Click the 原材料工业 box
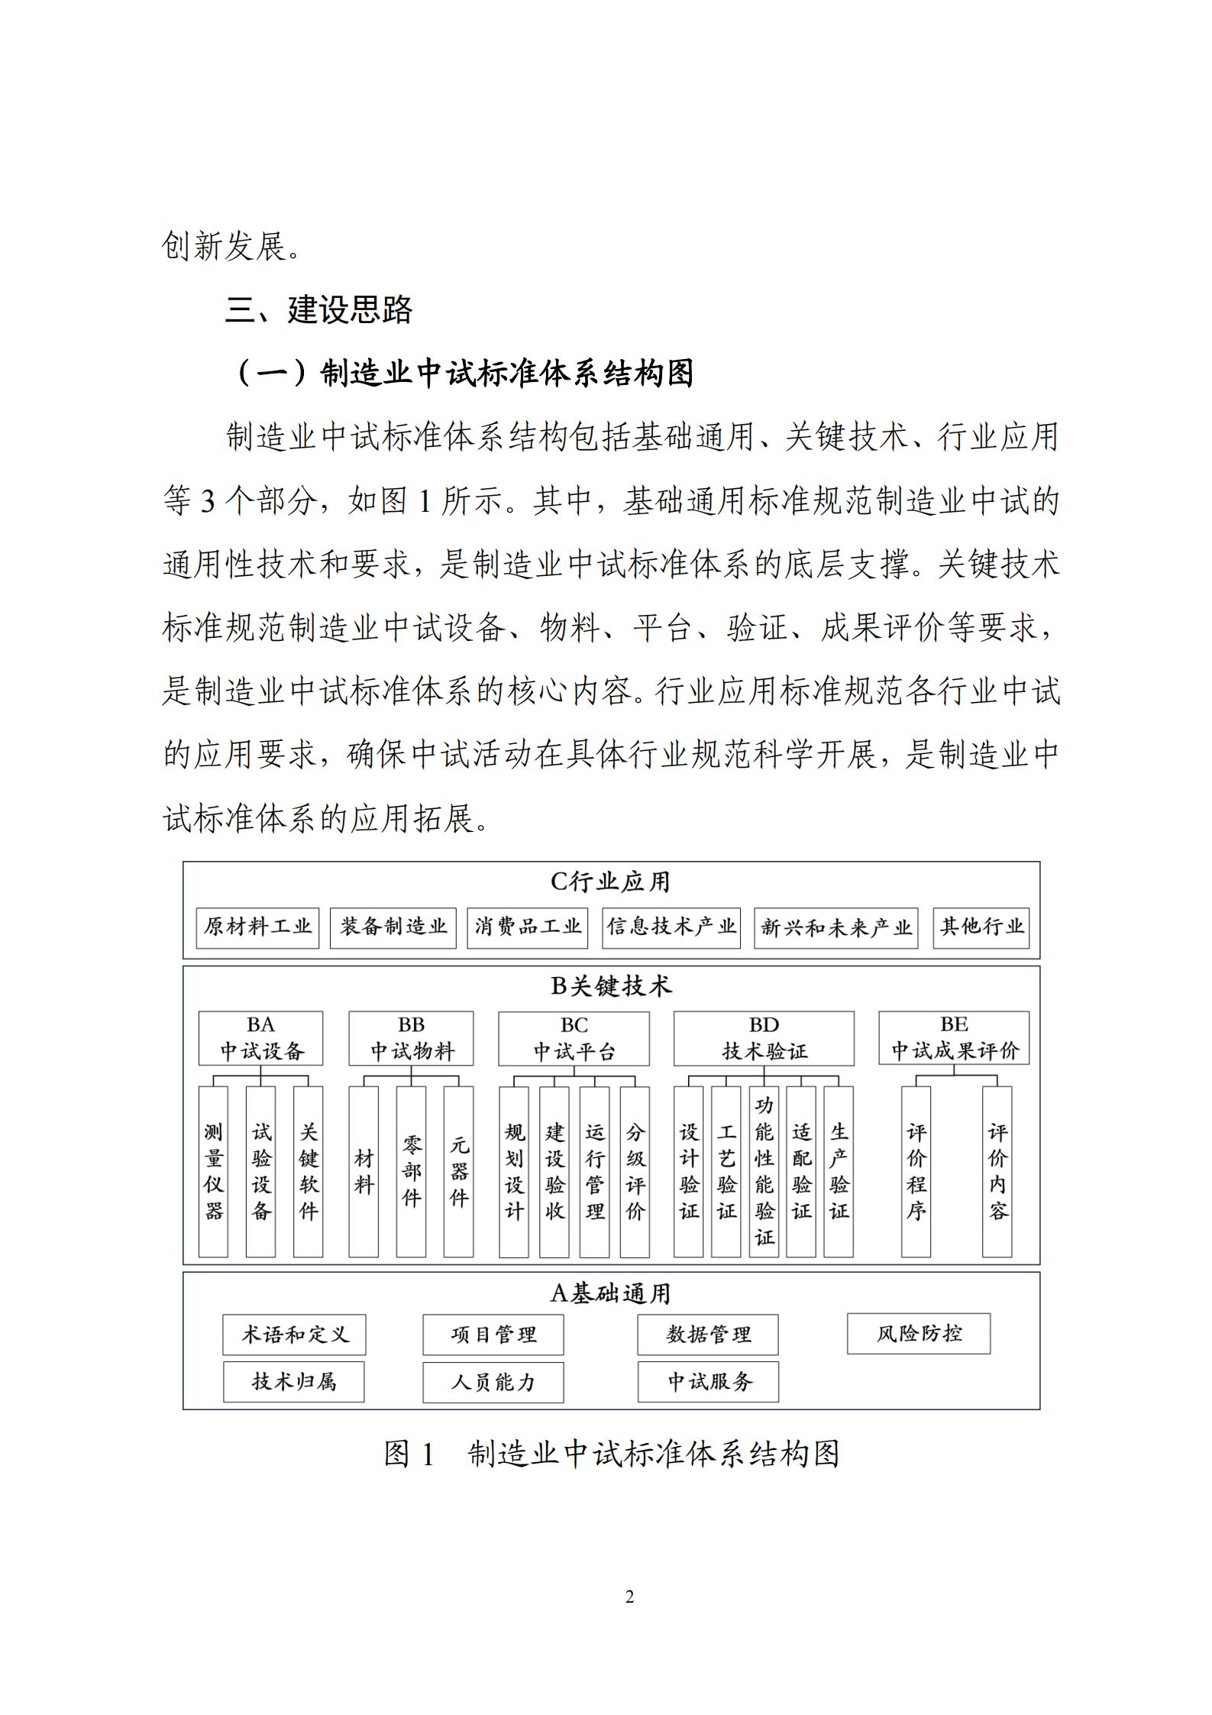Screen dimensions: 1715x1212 coord(257,927)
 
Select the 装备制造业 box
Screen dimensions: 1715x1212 coord(393,927)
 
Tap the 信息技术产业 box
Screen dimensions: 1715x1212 coord(671,927)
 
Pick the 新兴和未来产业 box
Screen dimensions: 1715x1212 coord(835,927)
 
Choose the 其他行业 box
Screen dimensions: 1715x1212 coord(981,927)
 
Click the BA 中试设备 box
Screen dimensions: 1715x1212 coord(260,1038)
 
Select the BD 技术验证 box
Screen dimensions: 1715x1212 coord(764,1038)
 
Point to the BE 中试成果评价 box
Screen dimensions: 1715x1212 coord(954,1038)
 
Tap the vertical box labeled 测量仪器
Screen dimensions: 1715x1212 coord(213,1171)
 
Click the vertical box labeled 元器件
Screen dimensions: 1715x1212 coord(458,1171)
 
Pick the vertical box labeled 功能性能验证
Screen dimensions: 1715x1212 coord(764,1171)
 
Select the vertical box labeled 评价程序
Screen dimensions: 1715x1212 coord(916,1171)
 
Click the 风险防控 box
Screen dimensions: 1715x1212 coord(919,1334)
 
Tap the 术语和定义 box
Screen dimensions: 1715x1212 coord(294,1335)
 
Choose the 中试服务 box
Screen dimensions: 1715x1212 coord(708,1381)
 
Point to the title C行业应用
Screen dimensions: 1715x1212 coord(611,882)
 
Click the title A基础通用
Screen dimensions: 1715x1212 coord(611,1293)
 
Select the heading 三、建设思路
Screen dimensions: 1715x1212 coord(318,310)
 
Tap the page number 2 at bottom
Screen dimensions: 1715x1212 coord(629,1597)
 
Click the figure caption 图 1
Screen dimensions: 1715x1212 coord(409,1454)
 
